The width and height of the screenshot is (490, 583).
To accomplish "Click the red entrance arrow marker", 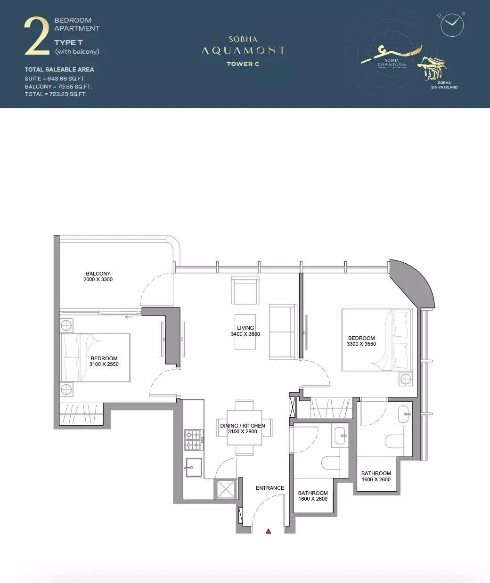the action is pos(268,531).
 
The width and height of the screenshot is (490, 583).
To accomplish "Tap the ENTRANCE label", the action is pos(270,488).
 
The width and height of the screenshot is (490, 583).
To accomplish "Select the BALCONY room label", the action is pos(98,274).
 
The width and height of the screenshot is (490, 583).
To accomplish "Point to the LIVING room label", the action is pos(245,328).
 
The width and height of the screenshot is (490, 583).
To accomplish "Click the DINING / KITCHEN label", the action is pos(243,426).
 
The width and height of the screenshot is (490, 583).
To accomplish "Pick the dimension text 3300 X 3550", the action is pos(361,344).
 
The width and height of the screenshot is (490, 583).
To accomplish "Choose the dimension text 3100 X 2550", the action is pos(104,364).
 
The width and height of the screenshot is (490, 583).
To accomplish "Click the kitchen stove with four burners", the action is pos(194,440).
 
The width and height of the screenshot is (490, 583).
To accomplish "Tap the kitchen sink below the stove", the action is pos(193,468).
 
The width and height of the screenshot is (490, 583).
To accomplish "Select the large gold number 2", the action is pos(37,36).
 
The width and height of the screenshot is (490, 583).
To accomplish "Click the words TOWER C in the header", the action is pos(243,64).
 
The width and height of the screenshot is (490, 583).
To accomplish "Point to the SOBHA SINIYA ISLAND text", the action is pos(444,85).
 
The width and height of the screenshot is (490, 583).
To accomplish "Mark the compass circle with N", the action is pos(452,25).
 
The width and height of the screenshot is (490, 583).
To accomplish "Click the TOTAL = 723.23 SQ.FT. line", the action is pos(56,94).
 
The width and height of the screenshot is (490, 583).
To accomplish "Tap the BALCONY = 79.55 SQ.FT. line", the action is pos(58,87).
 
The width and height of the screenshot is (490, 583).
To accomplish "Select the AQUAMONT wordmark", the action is pos(243,50).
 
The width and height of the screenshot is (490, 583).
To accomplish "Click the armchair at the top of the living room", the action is pos(245,291).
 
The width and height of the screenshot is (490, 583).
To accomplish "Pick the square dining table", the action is pos(245,428).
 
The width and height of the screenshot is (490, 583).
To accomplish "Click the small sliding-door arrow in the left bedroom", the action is pos(129,317).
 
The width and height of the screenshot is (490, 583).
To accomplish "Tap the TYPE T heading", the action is pos(68,43).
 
